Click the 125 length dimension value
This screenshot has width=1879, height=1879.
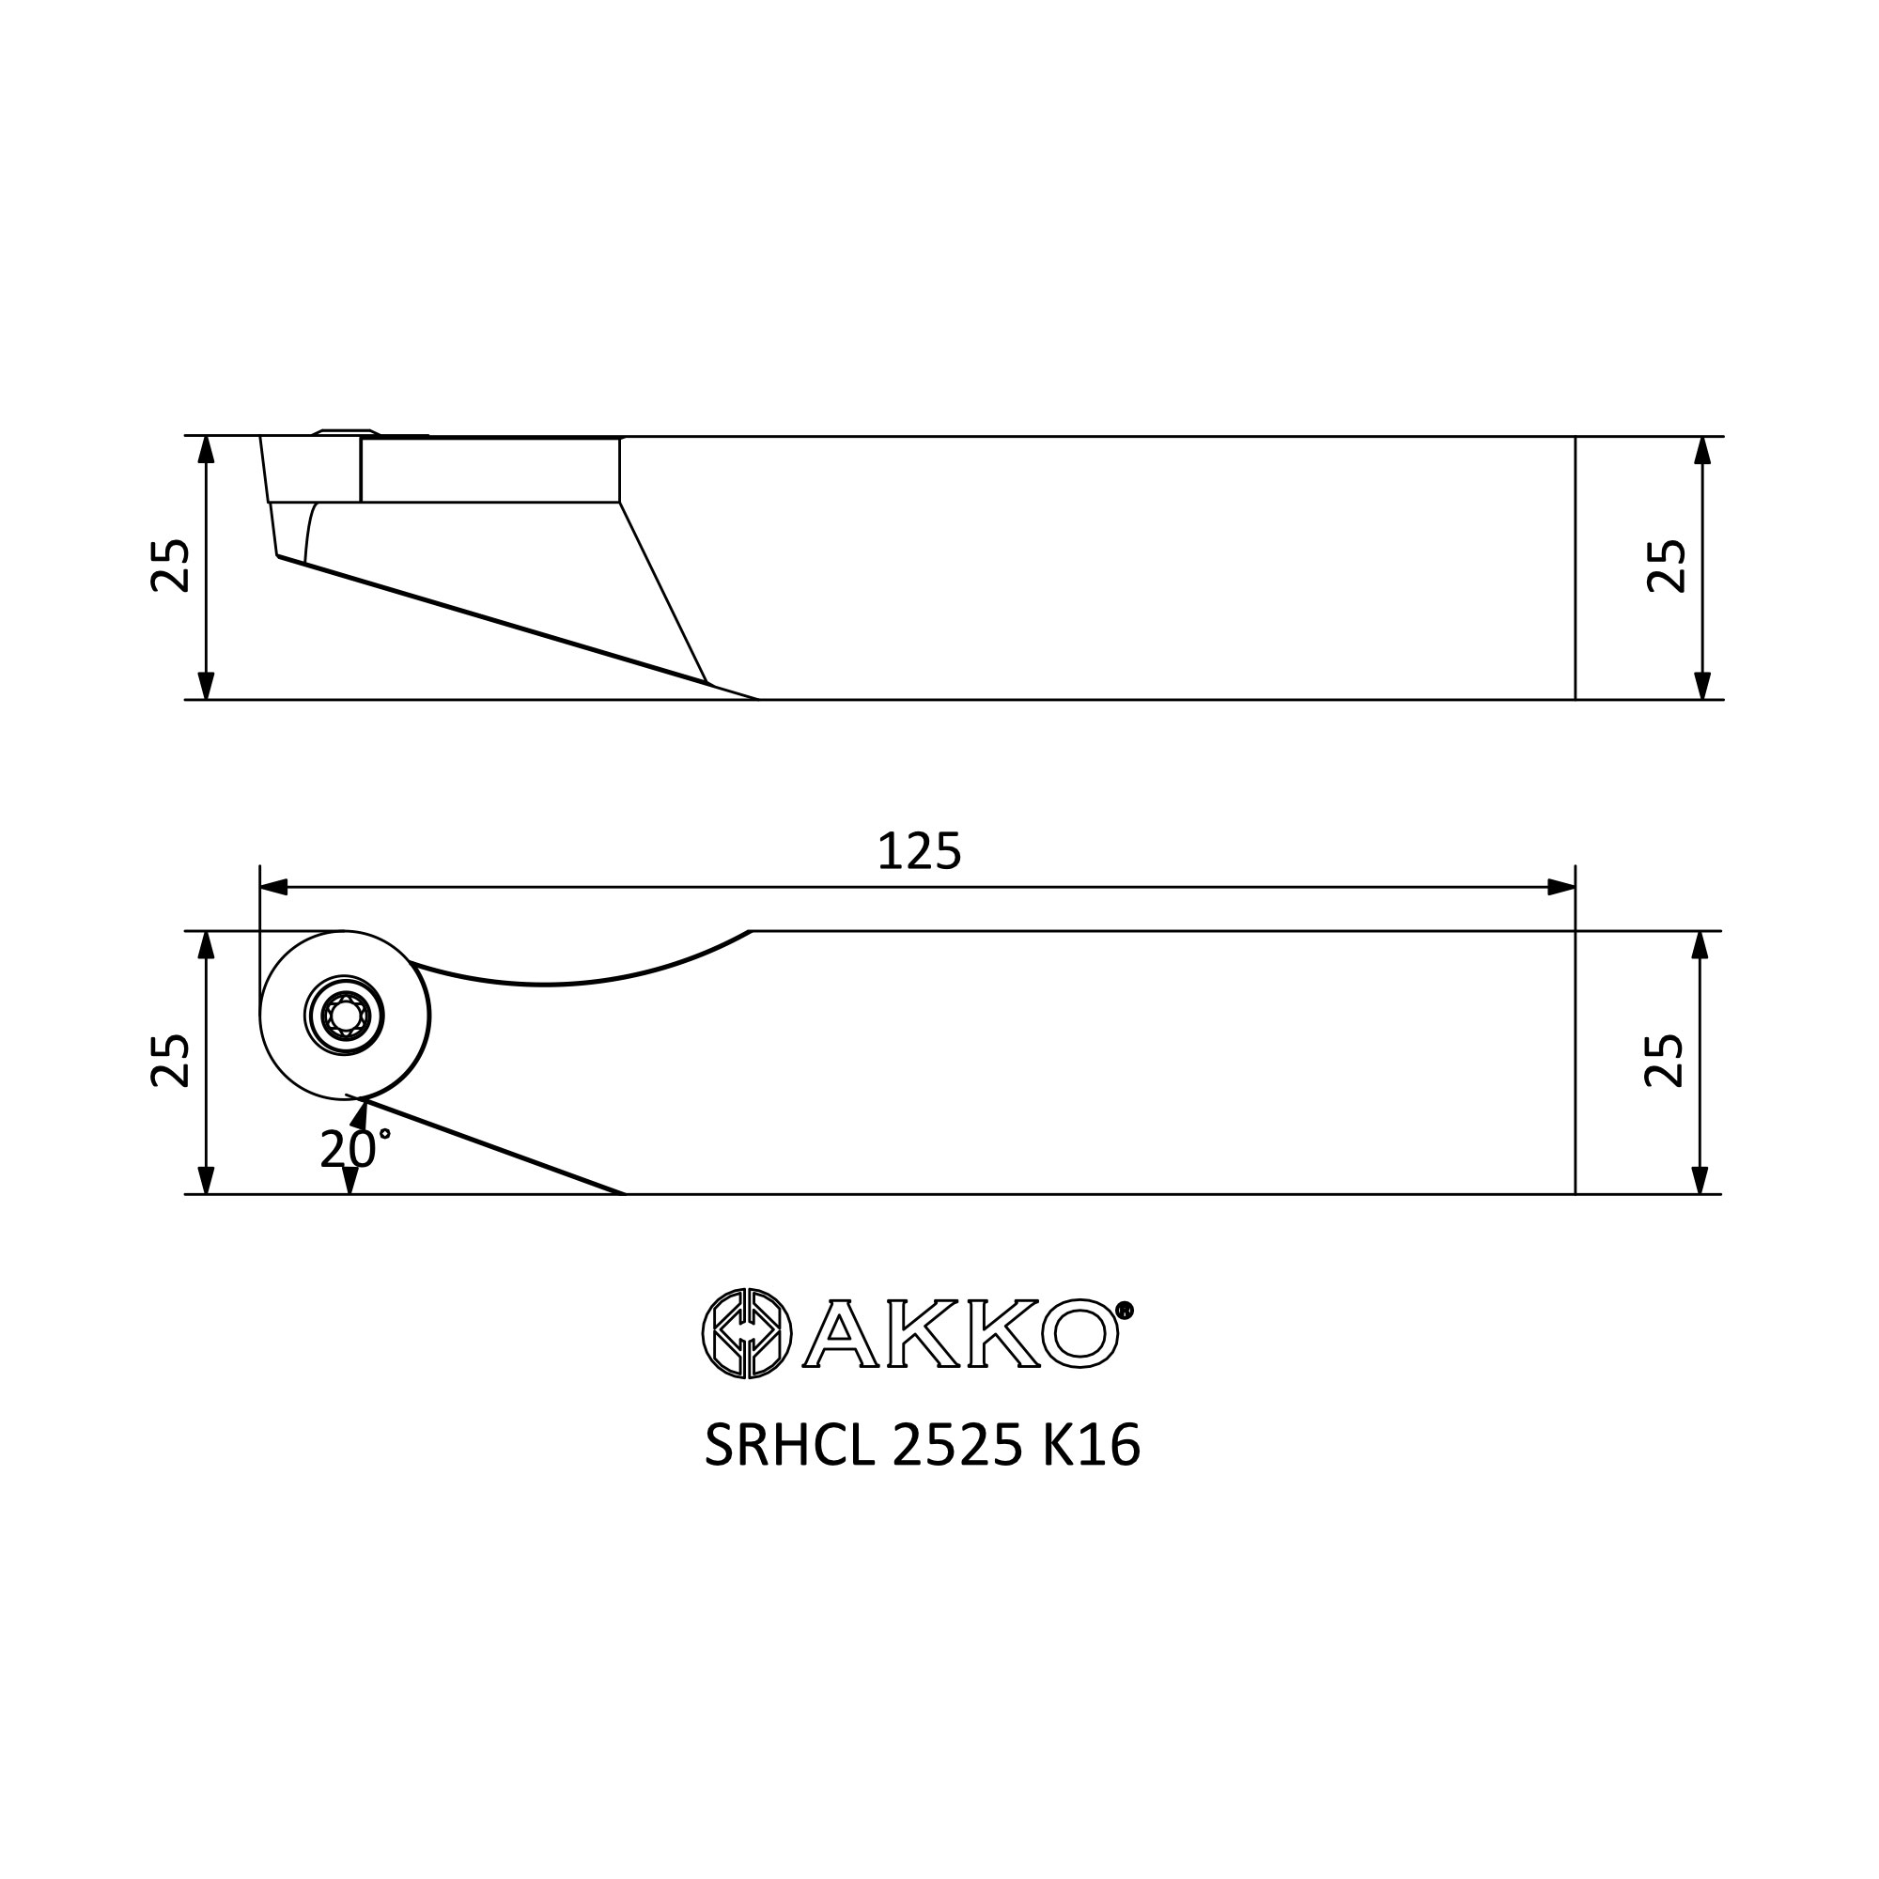click(919, 852)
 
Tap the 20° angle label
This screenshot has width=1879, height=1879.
click(355, 1149)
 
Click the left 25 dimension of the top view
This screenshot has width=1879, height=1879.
click(171, 565)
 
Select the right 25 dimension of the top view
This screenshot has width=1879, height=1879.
click(1666, 565)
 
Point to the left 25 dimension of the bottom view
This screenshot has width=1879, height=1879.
click(171, 1060)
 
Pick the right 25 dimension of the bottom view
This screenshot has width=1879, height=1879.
click(1664, 1060)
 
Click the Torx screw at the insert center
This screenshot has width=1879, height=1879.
click(344, 1017)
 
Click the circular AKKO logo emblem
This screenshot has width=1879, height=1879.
click(747, 1333)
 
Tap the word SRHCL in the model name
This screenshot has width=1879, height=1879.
click(789, 1446)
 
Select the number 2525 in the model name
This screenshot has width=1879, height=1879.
click(957, 1446)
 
